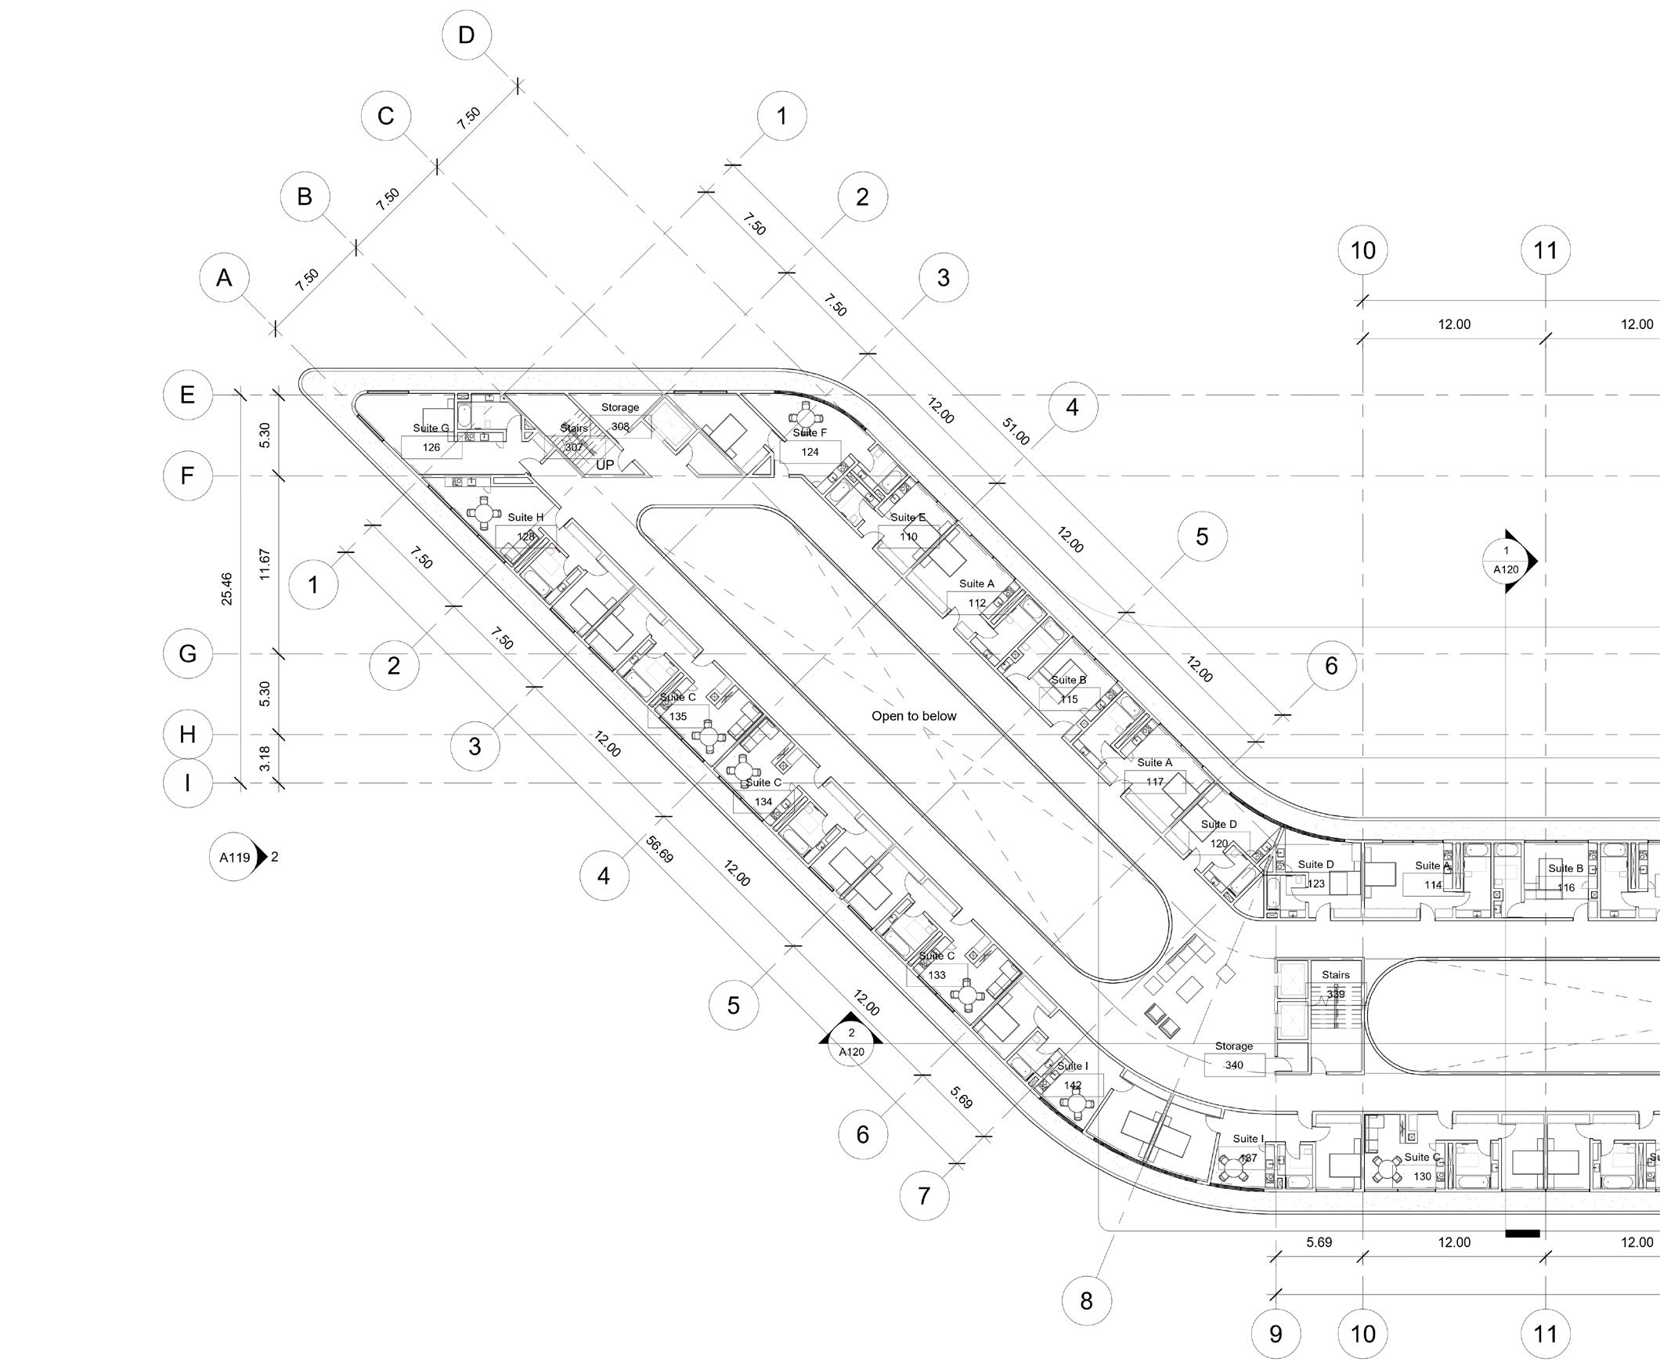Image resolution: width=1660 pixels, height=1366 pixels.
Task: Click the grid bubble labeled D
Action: (467, 35)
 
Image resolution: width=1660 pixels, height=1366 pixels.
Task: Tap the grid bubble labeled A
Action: (224, 278)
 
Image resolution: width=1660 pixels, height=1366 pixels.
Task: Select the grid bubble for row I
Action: (187, 783)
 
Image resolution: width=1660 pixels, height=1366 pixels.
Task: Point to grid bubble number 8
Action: (1086, 1301)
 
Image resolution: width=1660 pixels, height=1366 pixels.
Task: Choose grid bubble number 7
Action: (924, 1196)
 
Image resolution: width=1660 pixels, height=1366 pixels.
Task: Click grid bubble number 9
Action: (1276, 1334)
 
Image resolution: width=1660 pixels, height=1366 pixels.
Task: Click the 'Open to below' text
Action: (914, 716)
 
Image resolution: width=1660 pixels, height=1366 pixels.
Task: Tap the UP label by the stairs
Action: (604, 465)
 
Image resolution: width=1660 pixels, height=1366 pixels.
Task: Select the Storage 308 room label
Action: (620, 407)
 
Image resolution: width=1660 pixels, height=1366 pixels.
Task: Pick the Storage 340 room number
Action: (1233, 1065)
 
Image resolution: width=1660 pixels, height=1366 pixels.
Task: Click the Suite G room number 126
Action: (431, 448)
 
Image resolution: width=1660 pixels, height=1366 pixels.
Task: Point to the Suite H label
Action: (525, 518)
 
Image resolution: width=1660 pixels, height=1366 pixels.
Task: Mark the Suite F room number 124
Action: (810, 452)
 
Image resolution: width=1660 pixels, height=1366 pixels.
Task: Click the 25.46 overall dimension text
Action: (226, 588)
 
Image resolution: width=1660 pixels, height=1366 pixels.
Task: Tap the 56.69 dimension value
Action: (659, 850)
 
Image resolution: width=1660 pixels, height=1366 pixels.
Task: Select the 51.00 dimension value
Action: (1016, 432)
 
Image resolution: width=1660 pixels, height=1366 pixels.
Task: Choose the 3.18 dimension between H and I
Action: (265, 758)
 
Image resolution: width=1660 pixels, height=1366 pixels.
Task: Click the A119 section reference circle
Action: (234, 857)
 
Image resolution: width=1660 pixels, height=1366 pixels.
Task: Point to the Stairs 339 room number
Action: (1335, 994)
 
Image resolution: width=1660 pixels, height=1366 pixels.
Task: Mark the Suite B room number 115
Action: (1068, 699)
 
